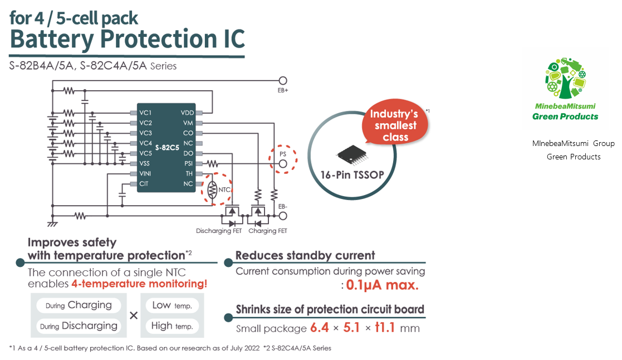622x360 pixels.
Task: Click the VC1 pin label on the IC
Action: [x=145, y=113]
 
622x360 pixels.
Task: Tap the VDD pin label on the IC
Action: [x=187, y=113]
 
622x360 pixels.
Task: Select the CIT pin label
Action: [x=144, y=183]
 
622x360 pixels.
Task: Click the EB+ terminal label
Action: [x=283, y=90]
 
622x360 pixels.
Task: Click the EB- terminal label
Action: [x=283, y=206]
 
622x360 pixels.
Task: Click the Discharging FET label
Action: [x=219, y=231]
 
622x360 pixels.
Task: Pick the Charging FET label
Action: [x=267, y=231]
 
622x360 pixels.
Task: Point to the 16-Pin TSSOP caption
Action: [x=352, y=174]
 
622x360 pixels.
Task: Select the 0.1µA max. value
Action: [x=381, y=286]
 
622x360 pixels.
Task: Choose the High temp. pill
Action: [x=172, y=326]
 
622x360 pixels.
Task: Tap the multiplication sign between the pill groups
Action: [x=134, y=315]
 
